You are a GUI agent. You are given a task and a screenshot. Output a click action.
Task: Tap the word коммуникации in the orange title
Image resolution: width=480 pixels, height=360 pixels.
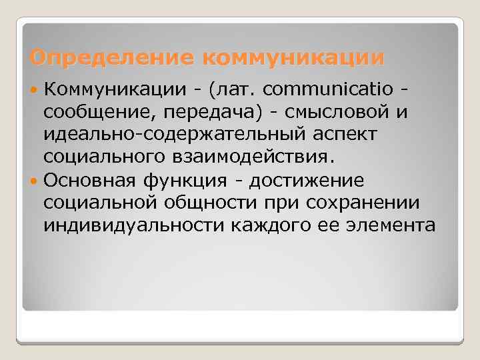[x=293, y=58]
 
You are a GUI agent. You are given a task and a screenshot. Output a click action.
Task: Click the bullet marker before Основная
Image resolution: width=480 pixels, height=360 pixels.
[x=35, y=181]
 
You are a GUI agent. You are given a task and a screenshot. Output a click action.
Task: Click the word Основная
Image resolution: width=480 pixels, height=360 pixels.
[x=89, y=180]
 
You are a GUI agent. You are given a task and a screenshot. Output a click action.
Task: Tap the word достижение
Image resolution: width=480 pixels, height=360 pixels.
[x=309, y=180]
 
